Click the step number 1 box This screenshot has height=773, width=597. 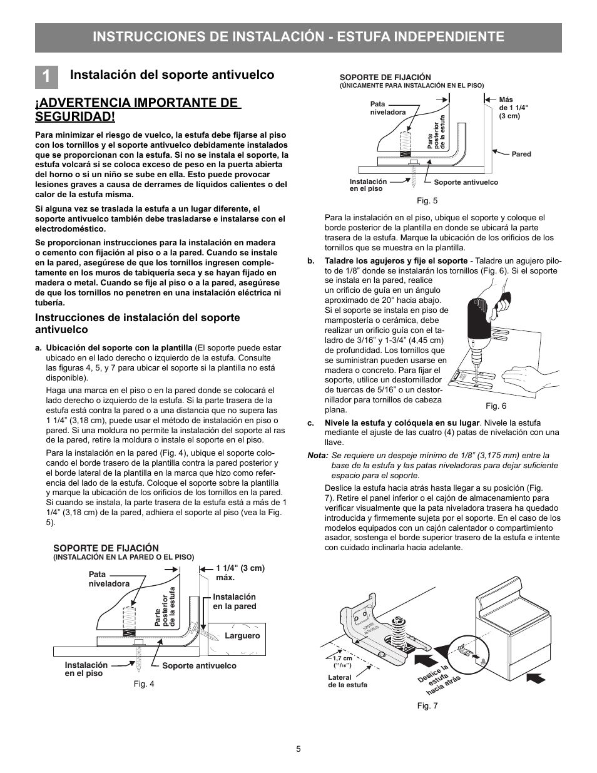(47, 75)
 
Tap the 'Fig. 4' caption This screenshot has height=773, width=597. (144, 683)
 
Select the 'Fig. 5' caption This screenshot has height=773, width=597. (427, 201)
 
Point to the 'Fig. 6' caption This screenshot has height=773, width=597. (496, 406)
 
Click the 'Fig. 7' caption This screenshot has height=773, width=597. (427, 706)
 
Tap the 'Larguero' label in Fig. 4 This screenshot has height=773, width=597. (242, 635)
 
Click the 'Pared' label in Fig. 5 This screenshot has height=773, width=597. (521, 154)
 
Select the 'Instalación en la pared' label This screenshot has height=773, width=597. (234, 602)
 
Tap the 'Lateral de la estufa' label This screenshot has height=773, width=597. (347, 681)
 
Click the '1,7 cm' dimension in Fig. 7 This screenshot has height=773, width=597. (342, 658)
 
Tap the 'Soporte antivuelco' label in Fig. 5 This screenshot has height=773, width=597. (466, 182)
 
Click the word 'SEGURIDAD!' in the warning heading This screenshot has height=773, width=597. (74, 116)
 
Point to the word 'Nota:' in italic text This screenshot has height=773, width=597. (317, 456)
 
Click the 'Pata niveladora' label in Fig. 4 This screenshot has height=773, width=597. (109, 579)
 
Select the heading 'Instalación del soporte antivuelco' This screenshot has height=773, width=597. (172, 75)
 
